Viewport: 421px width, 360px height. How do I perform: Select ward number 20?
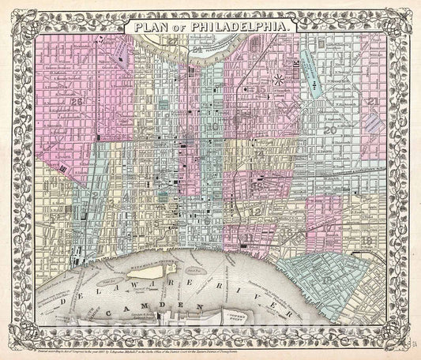pos(329,130)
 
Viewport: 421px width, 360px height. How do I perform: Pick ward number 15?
pos(261,92)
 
